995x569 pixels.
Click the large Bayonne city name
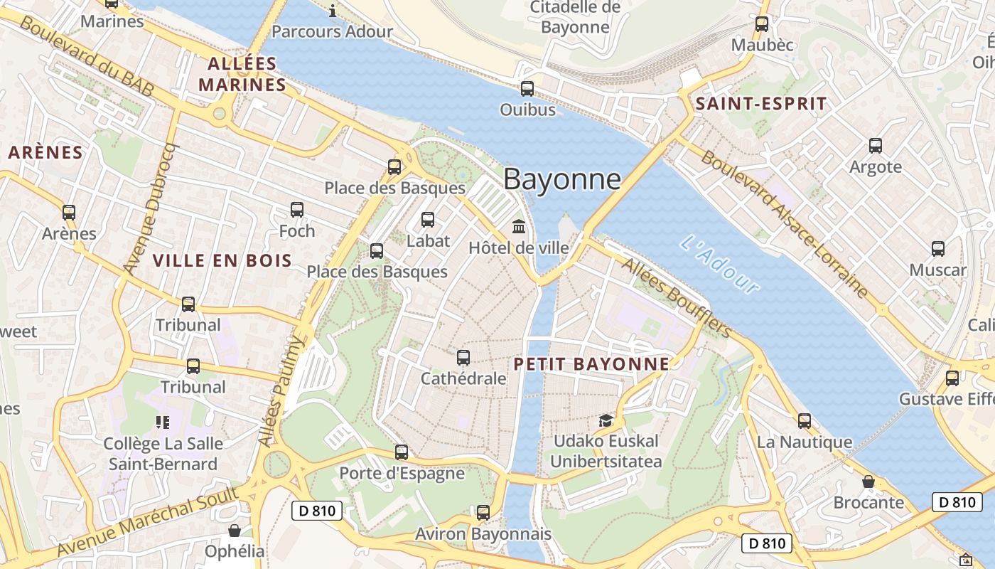click(x=561, y=179)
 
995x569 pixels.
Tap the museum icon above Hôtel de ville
click(x=519, y=227)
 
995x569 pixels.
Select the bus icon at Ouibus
click(x=527, y=89)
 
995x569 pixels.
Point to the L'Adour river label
click(x=719, y=264)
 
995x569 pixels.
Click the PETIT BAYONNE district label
click(x=591, y=364)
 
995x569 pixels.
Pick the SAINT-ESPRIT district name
click(x=761, y=104)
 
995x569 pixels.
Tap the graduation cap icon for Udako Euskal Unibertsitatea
click(x=606, y=420)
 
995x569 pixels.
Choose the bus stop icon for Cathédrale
click(x=463, y=358)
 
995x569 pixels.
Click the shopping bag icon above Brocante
click(x=868, y=482)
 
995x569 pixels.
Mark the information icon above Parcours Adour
click(x=333, y=11)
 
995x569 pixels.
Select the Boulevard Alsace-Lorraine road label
click(x=785, y=224)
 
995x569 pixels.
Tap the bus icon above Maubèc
click(x=762, y=24)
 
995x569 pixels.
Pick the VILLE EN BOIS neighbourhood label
click(x=222, y=260)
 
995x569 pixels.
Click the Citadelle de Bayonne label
click(x=575, y=18)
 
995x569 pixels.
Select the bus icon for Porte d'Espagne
click(x=402, y=452)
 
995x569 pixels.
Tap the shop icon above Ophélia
click(x=235, y=531)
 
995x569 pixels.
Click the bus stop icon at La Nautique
click(x=804, y=421)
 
